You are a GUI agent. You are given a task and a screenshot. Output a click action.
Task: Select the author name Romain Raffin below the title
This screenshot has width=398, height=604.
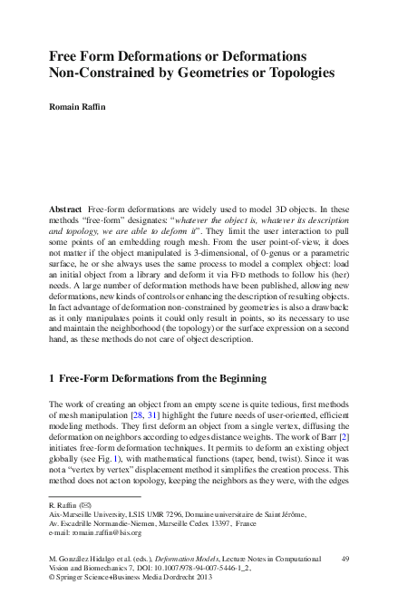pos(79,107)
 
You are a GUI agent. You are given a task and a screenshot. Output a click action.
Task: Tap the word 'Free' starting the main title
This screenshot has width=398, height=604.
pos(65,55)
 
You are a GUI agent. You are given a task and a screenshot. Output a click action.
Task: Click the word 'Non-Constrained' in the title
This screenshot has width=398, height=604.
pos(103,73)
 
